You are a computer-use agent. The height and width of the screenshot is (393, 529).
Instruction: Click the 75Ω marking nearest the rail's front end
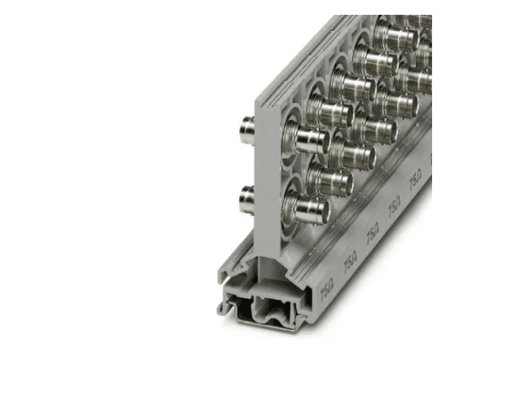tap(326, 291)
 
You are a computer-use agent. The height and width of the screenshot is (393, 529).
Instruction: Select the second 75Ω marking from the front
tap(349, 260)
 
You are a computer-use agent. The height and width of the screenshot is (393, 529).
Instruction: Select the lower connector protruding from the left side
tap(246, 198)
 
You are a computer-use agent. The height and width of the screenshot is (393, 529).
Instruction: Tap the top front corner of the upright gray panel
tap(259, 98)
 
